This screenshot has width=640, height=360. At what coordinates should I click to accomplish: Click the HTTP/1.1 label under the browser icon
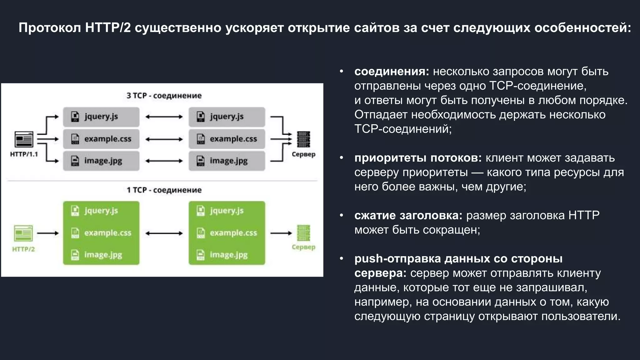click(24, 154)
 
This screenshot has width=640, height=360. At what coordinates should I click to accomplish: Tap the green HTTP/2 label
click(23, 249)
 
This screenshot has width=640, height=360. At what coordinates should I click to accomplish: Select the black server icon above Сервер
click(303, 139)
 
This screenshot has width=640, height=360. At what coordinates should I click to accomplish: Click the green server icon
click(303, 233)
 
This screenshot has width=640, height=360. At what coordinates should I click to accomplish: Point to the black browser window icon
click(24, 139)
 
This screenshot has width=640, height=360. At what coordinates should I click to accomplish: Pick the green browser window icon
click(23, 233)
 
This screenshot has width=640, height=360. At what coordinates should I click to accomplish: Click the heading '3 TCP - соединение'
click(164, 96)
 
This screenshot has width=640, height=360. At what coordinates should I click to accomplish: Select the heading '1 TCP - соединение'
click(164, 190)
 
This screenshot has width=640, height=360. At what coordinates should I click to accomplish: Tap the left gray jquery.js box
click(101, 117)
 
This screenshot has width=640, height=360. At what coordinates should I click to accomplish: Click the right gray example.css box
click(227, 139)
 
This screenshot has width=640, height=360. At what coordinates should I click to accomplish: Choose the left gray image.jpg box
click(101, 161)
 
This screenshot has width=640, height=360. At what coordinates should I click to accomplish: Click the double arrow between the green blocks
click(164, 233)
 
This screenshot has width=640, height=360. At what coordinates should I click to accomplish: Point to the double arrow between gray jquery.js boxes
click(164, 117)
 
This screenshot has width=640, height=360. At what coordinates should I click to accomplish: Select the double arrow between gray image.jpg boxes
click(164, 161)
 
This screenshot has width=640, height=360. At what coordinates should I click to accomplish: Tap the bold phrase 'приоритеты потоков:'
click(418, 158)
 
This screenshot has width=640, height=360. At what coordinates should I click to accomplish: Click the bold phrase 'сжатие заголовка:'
click(408, 216)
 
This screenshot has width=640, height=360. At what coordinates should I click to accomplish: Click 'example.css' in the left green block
click(107, 233)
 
